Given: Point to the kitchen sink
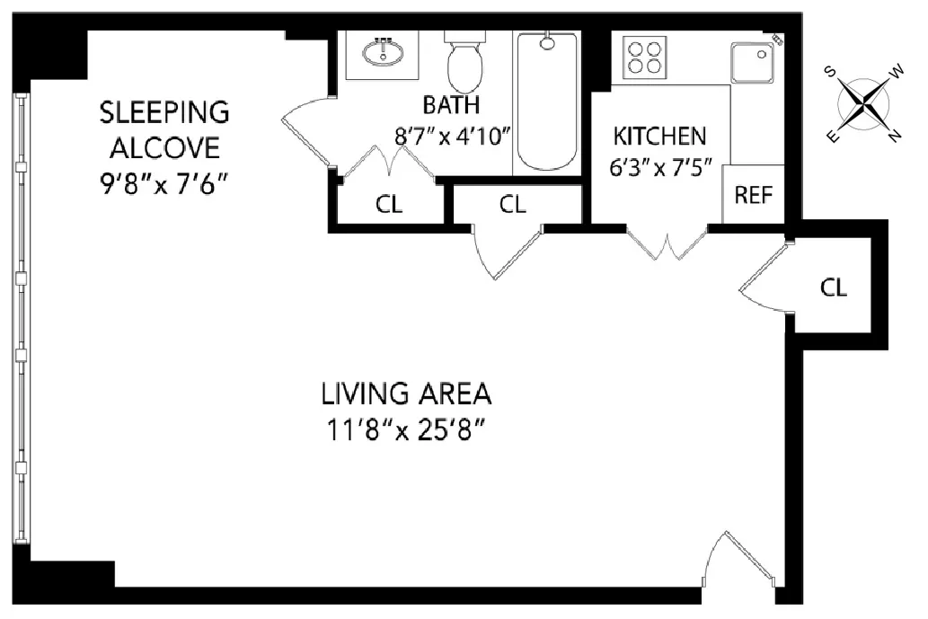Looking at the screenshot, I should [754, 62].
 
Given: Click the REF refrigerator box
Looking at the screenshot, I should [753, 195].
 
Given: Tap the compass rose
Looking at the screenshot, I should [863, 104].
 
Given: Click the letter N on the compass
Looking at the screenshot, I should [894, 137].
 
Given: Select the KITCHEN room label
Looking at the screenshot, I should [659, 137].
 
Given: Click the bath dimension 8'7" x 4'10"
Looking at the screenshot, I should [453, 137].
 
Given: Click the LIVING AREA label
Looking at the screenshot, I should [406, 394].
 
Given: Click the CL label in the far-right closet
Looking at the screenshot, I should [833, 287].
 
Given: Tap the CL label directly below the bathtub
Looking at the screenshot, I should [512, 204].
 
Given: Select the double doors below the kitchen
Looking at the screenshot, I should [667, 244].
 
